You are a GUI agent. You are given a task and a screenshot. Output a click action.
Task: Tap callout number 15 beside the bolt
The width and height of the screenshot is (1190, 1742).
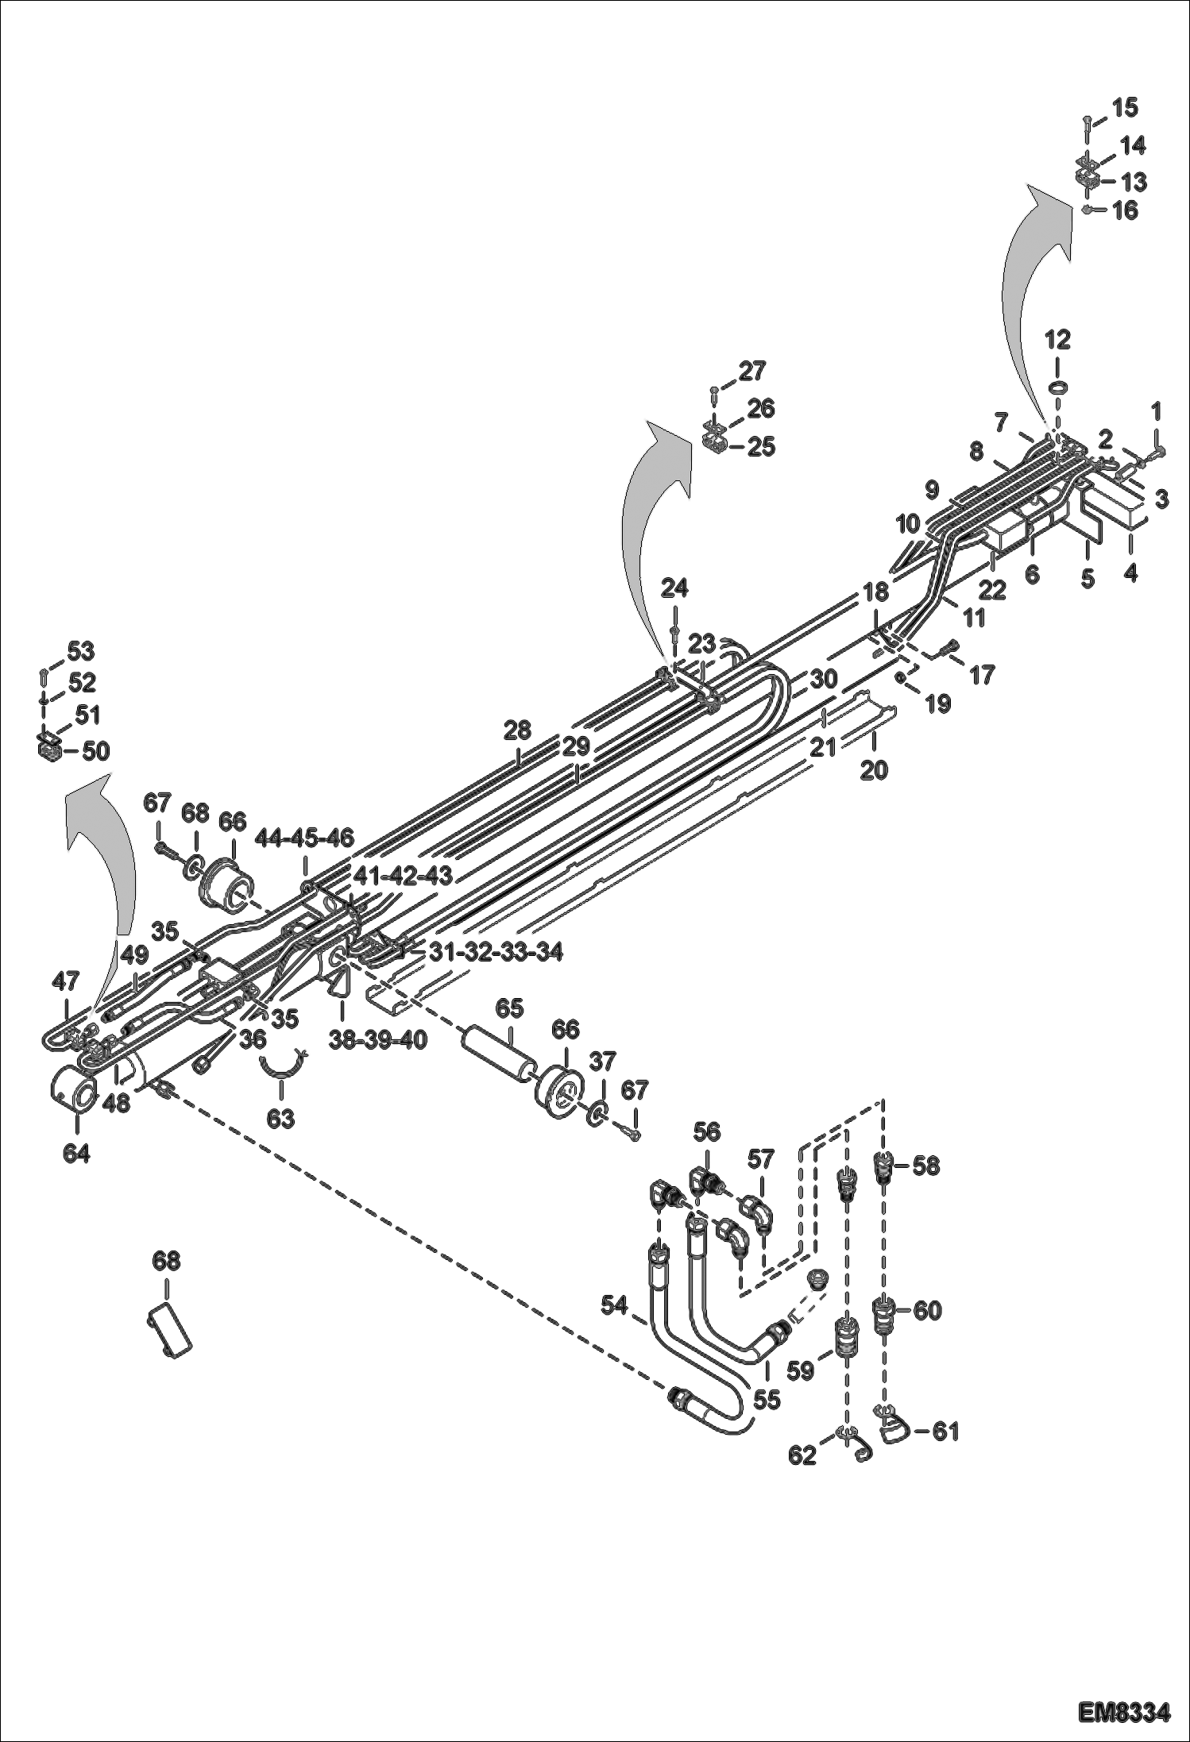tap(1124, 108)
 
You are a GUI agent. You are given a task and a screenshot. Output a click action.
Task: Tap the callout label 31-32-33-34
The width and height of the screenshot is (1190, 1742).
tap(496, 951)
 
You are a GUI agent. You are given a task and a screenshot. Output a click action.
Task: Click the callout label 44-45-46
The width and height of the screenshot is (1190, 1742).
tap(304, 837)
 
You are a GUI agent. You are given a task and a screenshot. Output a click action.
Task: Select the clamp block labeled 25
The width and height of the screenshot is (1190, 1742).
tap(713, 446)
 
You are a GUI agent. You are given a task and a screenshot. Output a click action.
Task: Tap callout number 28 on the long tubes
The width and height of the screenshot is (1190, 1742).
tap(518, 730)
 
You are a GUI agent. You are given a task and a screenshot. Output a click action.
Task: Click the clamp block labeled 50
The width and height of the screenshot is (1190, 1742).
tap(50, 750)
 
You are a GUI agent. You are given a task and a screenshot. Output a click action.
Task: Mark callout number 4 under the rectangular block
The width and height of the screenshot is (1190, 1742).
tap(1130, 572)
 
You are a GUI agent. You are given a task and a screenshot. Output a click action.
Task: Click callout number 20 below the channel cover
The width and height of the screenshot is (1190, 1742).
tap(874, 769)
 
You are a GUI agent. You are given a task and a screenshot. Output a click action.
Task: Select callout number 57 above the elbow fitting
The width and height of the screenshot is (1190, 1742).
tap(760, 1160)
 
